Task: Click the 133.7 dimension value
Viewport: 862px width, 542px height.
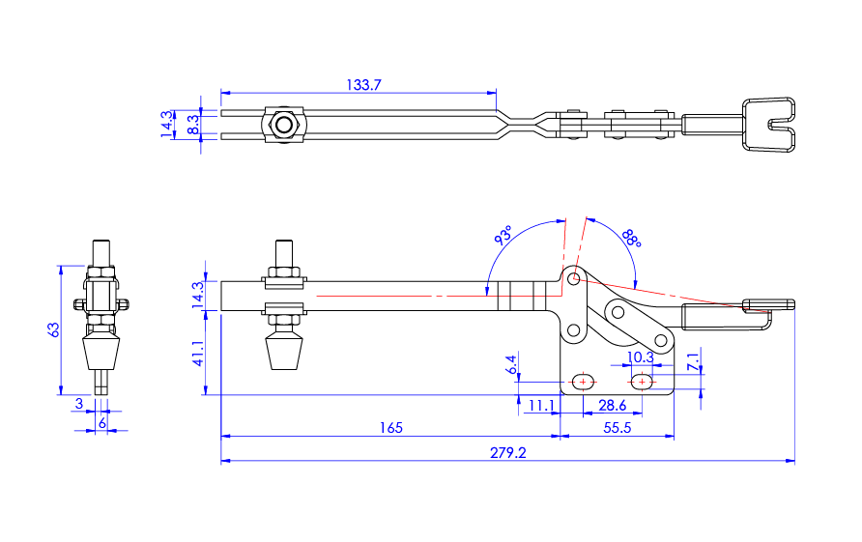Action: pyautogui.click(x=364, y=85)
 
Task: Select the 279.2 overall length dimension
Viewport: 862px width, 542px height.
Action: pyautogui.click(x=509, y=452)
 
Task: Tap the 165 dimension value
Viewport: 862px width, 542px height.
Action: pyautogui.click(x=389, y=427)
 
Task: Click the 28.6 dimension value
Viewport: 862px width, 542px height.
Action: pyautogui.click(x=613, y=406)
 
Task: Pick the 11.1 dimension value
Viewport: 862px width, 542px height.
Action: pyautogui.click(x=541, y=406)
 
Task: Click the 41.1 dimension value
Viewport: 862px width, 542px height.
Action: pyautogui.click(x=199, y=354)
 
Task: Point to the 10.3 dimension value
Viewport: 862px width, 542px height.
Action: pyautogui.click(x=641, y=357)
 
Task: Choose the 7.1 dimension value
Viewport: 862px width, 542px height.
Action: pyautogui.click(x=692, y=363)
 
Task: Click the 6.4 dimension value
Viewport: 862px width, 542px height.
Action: pyautogui.click(x=511, y=364)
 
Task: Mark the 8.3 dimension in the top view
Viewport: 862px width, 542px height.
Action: pyautogui.click(x=193, y=125)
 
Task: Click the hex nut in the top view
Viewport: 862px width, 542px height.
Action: pyautogui.click(x=283, y=125)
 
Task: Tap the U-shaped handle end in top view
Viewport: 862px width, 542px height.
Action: pyautogui.click(x=769, y=125)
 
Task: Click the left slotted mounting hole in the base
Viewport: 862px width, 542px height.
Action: pyautogui.click(x=583, y=381)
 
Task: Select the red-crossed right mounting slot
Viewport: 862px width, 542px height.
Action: pyautogui.click(x=644, y=381)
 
